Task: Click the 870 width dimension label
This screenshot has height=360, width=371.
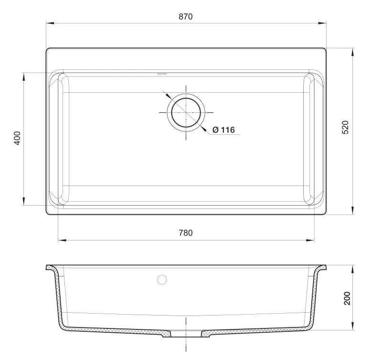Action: click(x=185, y=17)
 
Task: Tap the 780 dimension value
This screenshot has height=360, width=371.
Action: click(x=185, y=233)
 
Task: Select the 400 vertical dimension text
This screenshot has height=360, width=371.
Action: click(x=17, y=138)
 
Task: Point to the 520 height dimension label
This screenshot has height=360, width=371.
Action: click(x=346, y=128)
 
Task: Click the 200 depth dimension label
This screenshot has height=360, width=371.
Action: click(x=347, y=298)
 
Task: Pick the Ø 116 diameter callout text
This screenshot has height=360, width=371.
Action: click(x=223, y=130)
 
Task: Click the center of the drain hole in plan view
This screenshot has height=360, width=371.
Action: click(x=186, y=112)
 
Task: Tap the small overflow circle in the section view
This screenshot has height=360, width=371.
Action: click(x=162, y=280)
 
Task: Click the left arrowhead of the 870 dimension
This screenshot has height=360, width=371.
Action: click(x=50, y=23)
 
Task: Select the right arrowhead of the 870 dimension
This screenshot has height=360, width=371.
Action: click(x=322, y=23)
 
